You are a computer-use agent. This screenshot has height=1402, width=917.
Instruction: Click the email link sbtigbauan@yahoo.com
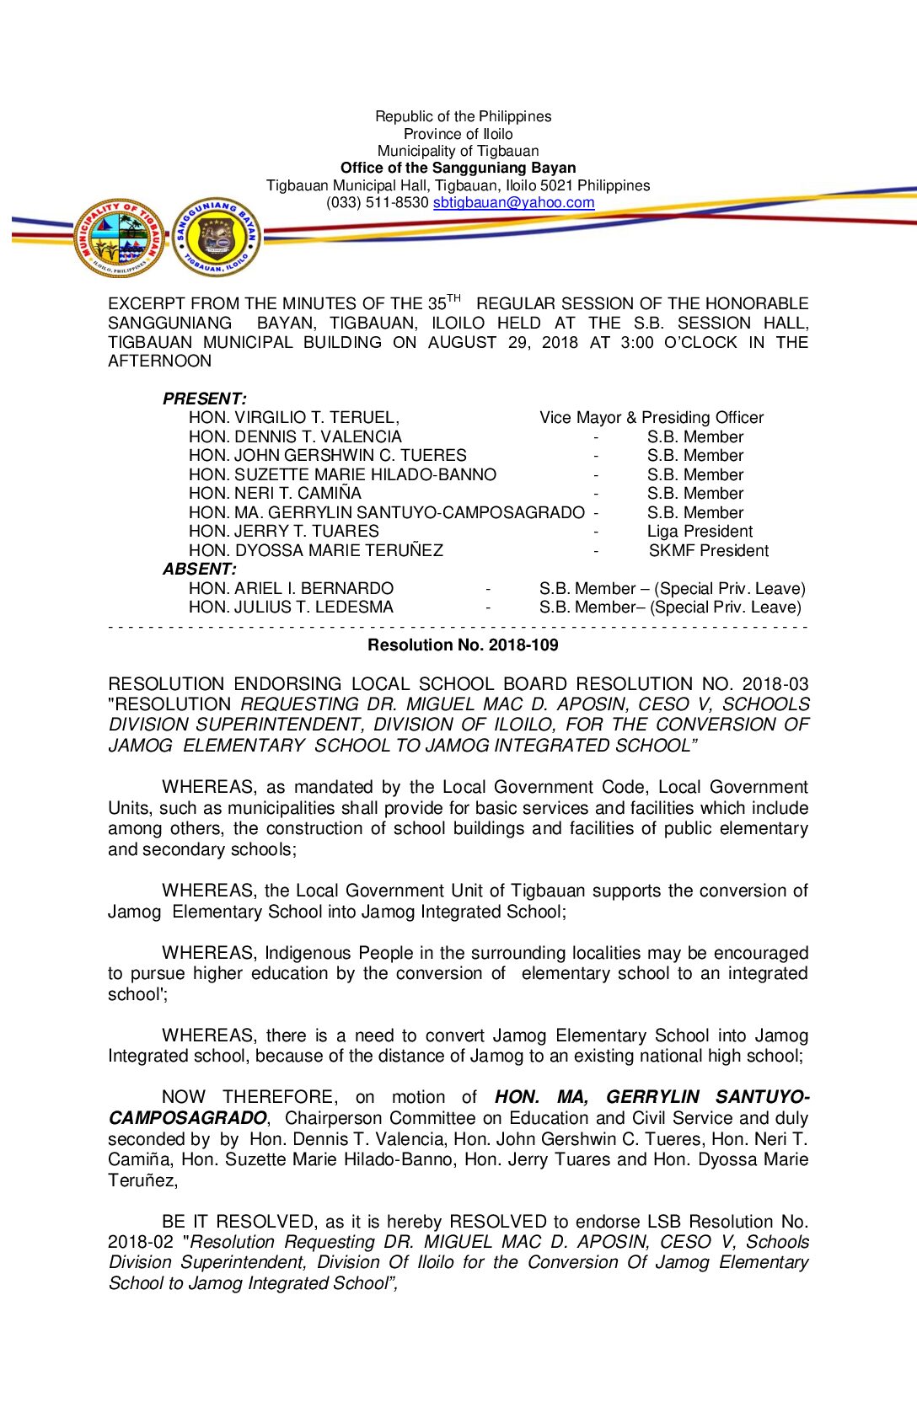coord(513,203)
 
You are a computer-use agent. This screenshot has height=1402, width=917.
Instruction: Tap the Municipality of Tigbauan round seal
coord(120,238)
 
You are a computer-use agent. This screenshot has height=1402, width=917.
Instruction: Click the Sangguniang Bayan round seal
coord(217,237)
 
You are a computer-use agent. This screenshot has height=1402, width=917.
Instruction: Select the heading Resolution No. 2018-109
coord(463,645)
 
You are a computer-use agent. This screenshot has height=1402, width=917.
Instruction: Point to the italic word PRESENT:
coord(205,399)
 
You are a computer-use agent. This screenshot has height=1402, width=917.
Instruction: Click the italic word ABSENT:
coord(200,570)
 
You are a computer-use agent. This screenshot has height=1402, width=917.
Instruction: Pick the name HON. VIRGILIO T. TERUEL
coord(293,418)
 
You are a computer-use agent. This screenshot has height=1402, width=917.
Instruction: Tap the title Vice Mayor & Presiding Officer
coord(652,418)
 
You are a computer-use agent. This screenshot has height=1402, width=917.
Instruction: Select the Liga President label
coord(700,532)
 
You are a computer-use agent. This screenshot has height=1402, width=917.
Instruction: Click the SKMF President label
coord(709,551)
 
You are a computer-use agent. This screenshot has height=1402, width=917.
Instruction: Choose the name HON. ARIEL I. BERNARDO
coord(291,589)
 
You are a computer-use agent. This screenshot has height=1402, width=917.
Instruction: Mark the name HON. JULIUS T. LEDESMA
coord(291,607)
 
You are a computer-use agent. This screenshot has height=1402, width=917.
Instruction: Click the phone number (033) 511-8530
coord(378,203)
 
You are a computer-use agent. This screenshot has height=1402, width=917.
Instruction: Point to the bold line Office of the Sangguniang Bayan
coord(458,169)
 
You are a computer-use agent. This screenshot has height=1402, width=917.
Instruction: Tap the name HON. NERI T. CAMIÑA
coord(275,494)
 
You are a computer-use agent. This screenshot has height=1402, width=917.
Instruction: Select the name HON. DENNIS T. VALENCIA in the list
coord(295,437)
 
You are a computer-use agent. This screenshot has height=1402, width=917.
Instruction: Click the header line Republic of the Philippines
coord(463,116)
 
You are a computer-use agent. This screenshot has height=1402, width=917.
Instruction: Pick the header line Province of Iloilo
coord(458,134)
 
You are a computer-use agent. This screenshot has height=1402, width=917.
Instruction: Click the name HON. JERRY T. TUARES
coord(284,532)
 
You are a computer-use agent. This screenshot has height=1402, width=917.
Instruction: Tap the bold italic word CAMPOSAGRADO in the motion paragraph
coord(187,1118)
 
